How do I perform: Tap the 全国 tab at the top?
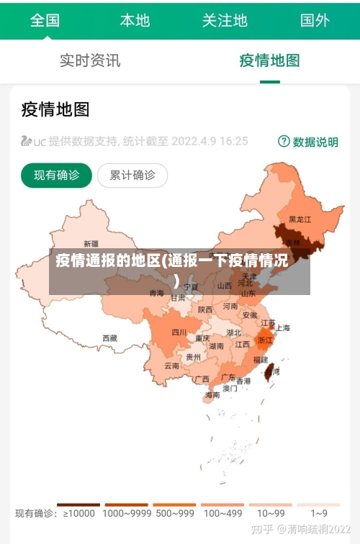[x=45, y=20]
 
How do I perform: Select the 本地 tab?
[x=135, y=20]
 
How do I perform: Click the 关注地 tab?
[x=225, y=20]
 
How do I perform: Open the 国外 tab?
[x=315, y=20]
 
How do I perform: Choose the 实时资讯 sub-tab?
[x=90, y=60]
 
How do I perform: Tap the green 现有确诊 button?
[x=56, y=175]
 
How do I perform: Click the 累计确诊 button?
[x=132, y=175]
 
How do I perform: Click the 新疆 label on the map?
[x=91, y=243]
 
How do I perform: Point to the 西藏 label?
[x=109, y=337]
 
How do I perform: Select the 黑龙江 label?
[x=300, y=219]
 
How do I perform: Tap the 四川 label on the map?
[x=179, y=332]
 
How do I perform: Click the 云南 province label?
[x=172, y=366]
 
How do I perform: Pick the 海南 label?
[x=212, y=394]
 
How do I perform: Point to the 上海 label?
[x=283, y=328]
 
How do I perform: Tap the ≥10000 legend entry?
[x=78, y=513]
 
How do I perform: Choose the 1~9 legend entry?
[x=319, y=513]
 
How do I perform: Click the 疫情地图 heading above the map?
[x=55, y=109]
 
